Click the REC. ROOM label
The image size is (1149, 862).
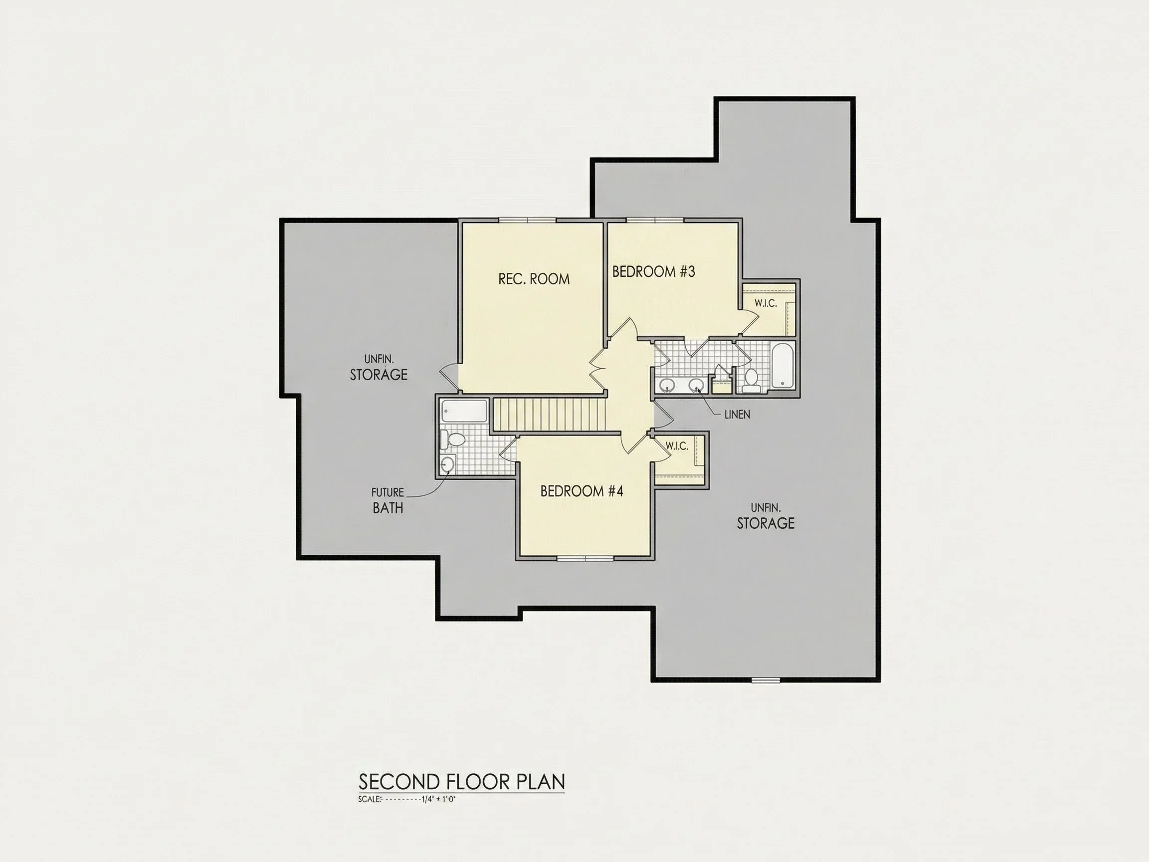(534, 279)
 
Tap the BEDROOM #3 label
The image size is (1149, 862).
(653, 271)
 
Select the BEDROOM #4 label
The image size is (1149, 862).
(582, 491)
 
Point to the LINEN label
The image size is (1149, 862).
(737, 415)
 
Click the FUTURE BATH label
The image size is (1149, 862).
(387, 500)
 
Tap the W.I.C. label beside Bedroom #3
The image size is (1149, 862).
(766, 303)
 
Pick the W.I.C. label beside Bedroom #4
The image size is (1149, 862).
(677, 446)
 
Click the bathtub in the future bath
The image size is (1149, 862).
(464, 411)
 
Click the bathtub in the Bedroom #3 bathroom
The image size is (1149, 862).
(783, 366)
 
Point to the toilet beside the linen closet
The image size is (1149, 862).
(750, 381)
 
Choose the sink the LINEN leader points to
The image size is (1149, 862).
(696, 386)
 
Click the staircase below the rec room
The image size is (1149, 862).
(550, 414)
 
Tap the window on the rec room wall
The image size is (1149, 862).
(527, 220)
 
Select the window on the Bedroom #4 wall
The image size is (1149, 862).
(585, 559)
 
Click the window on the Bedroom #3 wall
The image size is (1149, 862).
(654, 220)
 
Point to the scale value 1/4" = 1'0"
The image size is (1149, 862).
(439, 799)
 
